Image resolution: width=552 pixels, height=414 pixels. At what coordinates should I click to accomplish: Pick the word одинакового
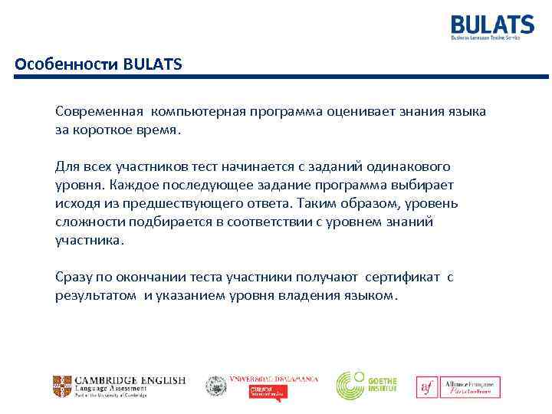click(406, 166)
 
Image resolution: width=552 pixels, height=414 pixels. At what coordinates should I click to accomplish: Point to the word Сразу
click(74, 277)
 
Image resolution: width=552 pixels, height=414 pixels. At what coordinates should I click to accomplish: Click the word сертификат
click(402, 277)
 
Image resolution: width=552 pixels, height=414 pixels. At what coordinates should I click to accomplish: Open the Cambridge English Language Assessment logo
click(119, 386)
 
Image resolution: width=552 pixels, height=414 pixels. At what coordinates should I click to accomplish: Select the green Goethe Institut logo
click(366, 385)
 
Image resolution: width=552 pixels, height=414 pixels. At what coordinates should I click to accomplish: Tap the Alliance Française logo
click(458, 386)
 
